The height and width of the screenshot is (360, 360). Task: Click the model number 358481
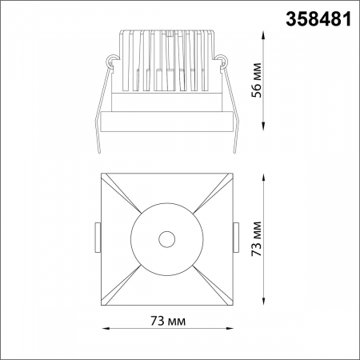point(317,19)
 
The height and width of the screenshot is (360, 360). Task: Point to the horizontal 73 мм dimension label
point(168,322)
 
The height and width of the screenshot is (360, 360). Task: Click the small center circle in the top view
point(166,238)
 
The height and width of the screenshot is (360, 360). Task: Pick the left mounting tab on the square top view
point(98,238)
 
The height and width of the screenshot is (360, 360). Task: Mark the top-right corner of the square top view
point(231,174)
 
